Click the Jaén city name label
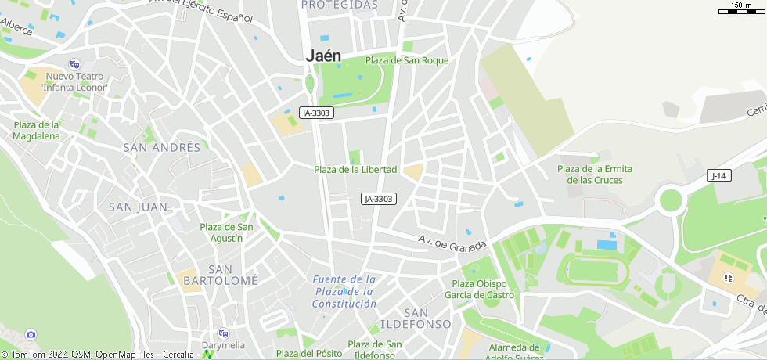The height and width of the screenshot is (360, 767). [323, 56]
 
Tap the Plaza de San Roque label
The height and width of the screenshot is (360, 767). [406, 60]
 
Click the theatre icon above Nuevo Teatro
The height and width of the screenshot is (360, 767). [74, 64]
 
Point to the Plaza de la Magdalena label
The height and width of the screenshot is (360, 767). [36, 130]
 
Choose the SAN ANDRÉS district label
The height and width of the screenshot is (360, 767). [162, 147]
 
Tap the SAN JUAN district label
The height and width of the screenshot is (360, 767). [138, 207]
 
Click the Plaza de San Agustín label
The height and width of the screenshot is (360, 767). [226, 232]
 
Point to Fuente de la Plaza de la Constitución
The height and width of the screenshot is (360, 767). [344, 291]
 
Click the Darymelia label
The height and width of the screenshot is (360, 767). [223, 345]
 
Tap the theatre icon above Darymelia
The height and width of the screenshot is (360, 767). [223, 333]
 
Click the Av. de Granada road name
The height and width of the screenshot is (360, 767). [452, 244]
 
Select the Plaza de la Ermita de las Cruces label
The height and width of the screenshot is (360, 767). [595, 175]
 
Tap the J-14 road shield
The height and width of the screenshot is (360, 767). [718, 175]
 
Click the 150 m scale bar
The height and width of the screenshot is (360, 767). [740, 9]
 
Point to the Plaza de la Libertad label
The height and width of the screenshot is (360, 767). [355, 170]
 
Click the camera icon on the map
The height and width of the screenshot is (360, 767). [31, 334]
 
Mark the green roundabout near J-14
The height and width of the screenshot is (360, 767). [671, 200]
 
